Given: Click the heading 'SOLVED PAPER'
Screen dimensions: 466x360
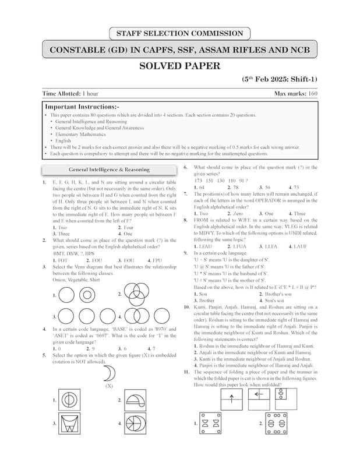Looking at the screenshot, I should pyautogui.click(x=179, y=66).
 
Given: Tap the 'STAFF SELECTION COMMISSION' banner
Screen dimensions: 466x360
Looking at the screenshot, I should pyautogui.click(x=179, y=33).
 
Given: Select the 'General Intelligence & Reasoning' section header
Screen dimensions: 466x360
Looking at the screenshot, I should pyautogui.click(x=109, y=170).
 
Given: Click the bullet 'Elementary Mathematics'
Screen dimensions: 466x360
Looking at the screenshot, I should pyautogui.click(x=81, y=134).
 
